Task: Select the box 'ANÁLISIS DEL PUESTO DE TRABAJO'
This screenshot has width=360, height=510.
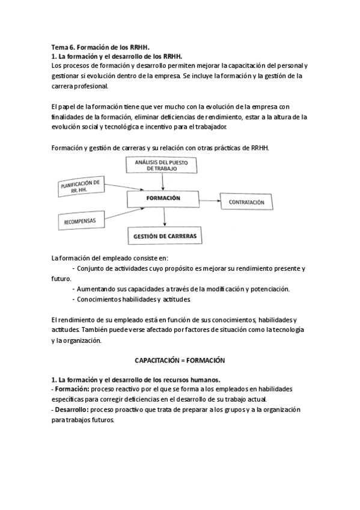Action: click(x=157, y=165)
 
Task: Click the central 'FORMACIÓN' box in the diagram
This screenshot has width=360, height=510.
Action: click(x=163, y=198)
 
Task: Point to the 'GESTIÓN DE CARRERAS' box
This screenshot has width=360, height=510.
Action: click(x=163, y=235)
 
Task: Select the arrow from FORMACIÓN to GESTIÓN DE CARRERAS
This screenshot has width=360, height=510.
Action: click(x=163, y=217)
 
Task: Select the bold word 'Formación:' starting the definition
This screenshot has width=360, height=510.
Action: click(x=71, y=389)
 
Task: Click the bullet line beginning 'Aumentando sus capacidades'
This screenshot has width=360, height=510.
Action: click(x=180, y=289)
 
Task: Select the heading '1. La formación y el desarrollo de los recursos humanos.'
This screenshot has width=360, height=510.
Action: click(x=135, y=379)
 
